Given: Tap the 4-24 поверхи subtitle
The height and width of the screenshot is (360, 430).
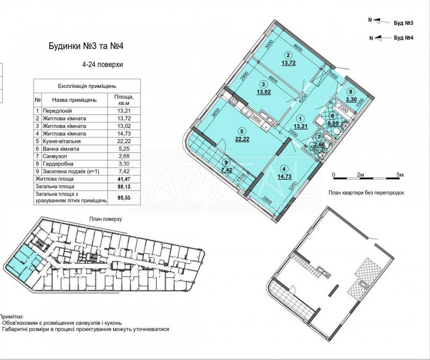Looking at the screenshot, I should pyautogui.click(x=103, y=65).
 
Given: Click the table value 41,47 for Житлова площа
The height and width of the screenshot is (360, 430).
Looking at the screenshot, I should pyautogui.click(x=122, y=178).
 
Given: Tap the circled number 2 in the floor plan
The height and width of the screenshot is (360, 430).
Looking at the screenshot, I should pyautogui.click(x=289, y=55).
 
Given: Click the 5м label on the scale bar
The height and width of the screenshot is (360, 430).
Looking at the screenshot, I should pyautogui.click(x=400, y=175).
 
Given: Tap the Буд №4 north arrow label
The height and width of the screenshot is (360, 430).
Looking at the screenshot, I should pyautogui.click(x=403, y=38).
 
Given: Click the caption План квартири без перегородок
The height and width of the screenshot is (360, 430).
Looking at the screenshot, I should pyautogui.click(x=366, y=193).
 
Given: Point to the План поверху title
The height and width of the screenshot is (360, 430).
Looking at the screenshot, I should pyautogui.click(x=106, y=219).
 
